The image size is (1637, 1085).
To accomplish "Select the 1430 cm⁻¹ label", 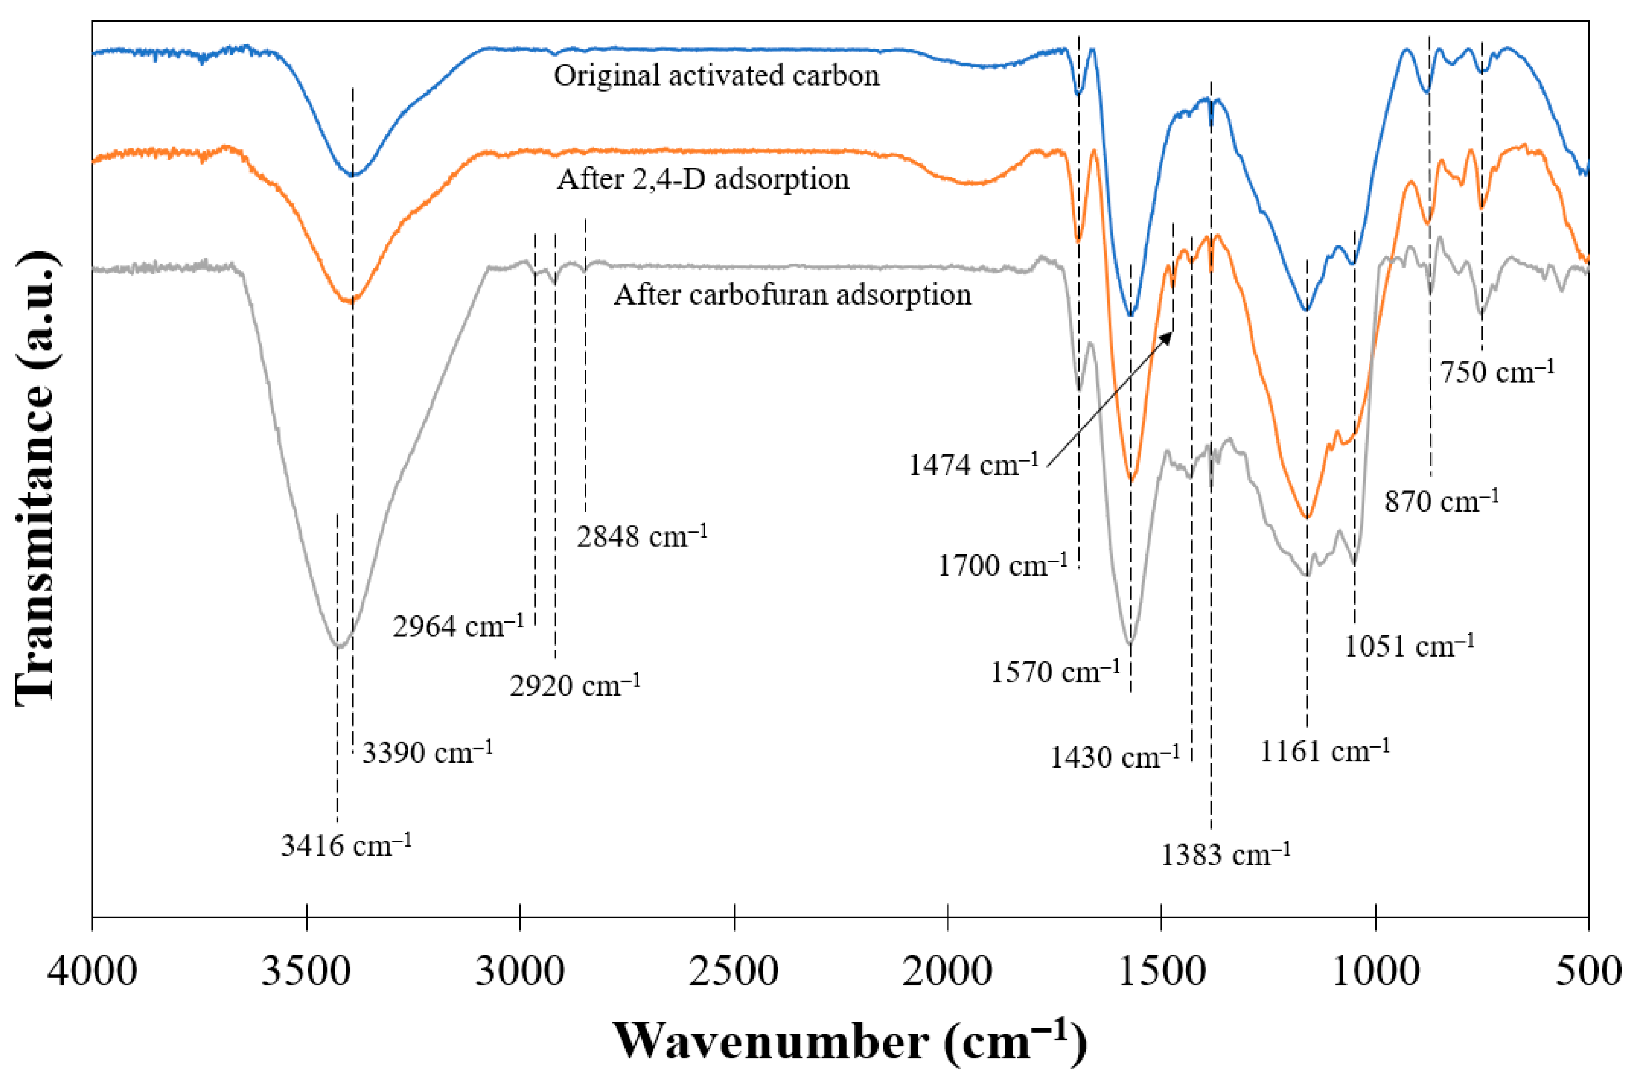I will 1114,758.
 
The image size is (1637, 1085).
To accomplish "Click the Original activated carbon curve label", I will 717,75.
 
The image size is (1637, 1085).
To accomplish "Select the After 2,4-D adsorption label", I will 703,179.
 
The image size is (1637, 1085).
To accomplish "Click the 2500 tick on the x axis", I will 734,971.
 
